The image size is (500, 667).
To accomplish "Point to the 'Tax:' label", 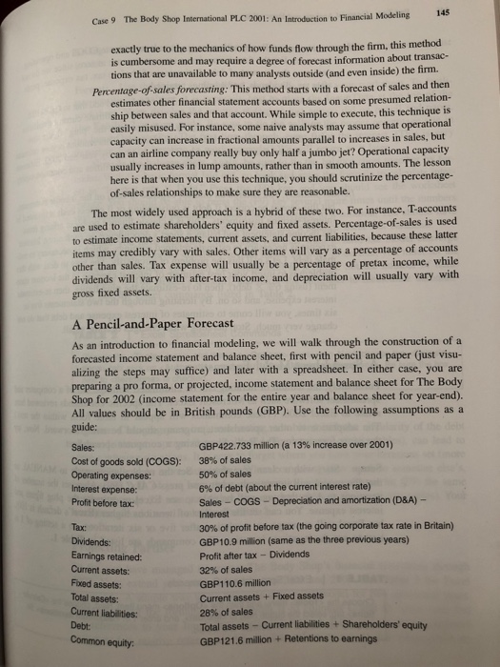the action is (x=80, y=527).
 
